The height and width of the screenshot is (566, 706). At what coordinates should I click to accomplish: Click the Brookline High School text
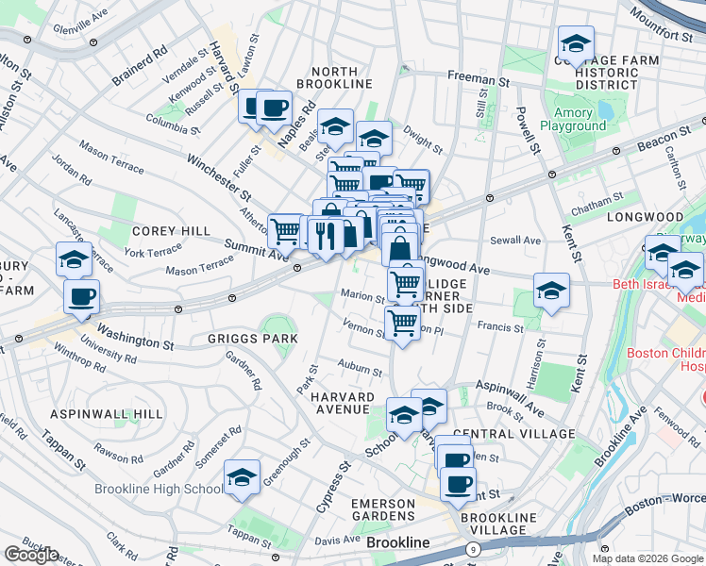coord(160,490)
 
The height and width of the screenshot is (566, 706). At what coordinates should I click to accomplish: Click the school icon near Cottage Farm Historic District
coord(575,42)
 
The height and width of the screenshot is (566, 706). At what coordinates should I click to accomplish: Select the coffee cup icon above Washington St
coord(81,296)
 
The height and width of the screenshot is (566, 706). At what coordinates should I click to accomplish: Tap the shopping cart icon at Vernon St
coord(403,323)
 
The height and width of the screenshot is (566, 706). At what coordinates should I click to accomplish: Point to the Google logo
coord(31,555)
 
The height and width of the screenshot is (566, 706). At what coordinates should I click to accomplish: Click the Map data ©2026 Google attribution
coord(647,558)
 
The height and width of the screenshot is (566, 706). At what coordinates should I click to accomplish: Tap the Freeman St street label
coord(479,75)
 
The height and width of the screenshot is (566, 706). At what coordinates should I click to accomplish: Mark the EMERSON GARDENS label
coord(382,510)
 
